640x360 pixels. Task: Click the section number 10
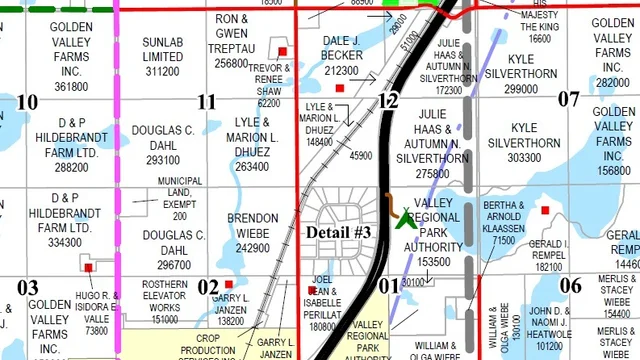pyautogui.click(x=27, y=101)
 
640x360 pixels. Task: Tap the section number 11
pyautogui.click(x=206, y=101)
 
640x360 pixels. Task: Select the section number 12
pyautogui.click(x=388, y=100)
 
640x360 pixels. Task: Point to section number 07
pyautogui.click(x=568, y=98)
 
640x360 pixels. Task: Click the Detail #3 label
pyautogui.click(x=339, y=232)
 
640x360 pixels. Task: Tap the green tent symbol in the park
pyautogui.click(x=406, y=218)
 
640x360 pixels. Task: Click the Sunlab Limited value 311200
pyautogui.click(x=162, y=72)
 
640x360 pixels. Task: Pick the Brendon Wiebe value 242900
pyautogui.click(x=252, y=248)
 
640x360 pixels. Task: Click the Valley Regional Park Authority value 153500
pyautogui.click(x=433, y=262)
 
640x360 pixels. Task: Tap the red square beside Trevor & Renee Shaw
pyautogui.click(x=283, y=52)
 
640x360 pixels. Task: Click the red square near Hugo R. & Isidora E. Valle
pyautogui.click(x=89, y=267)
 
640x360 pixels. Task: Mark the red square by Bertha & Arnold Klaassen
pyautogui.click(x=545, y=210)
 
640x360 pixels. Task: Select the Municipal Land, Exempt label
pyautogui.click(x=180, y=198)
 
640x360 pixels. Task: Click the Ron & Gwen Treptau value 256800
pyautogui.click(x=231, y=63)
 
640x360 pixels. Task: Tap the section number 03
pyautogui.click(x=27, y=287)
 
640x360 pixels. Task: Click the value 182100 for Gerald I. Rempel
pyautogui.click(x=548, y=267)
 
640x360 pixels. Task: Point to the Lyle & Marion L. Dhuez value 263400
pyautogui.click(x=252, y=167)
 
